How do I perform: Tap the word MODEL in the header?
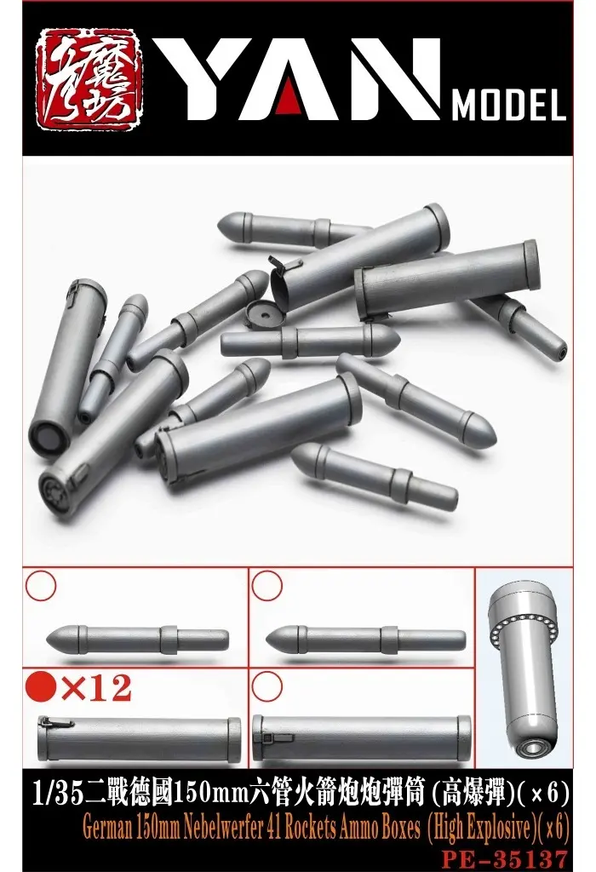click(509, 108)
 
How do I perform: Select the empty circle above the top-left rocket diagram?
click(41, 585)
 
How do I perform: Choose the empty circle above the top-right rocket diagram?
click(267, 585)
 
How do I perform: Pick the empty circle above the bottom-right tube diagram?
click(267, 686)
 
